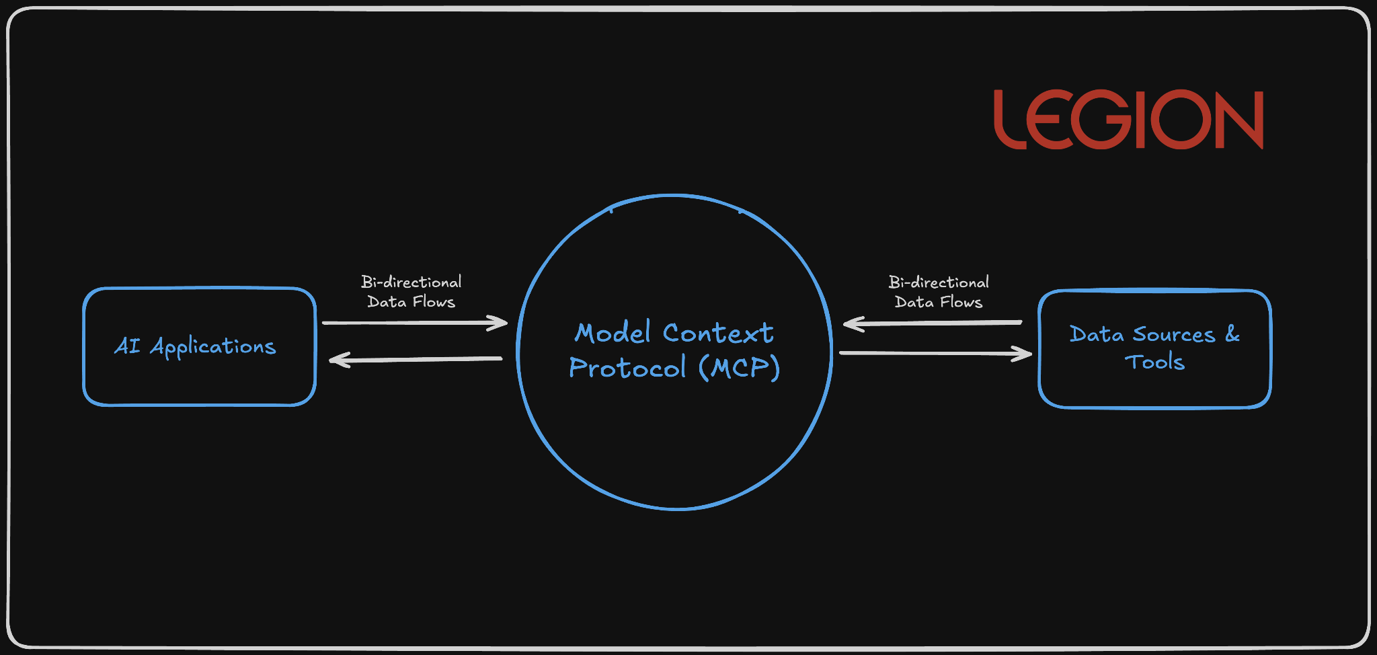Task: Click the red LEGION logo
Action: [x=1128, y=120]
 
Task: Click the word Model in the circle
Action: [x=613, y=333]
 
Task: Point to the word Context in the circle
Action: [x=717, y=333]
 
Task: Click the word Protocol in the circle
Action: [x=627, y=368]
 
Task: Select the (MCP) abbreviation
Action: [x=739, y=368]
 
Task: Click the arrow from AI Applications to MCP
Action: [x=414, y=323]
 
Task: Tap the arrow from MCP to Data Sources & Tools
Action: [x=935, y=353]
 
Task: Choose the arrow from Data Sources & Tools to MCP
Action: [x=933, y=323]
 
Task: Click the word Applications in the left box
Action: [x=212, y=347]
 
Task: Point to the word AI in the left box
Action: [x=127, y=346]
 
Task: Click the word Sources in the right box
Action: [x=1174, y=335]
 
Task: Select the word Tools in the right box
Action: [x=1154, y=362]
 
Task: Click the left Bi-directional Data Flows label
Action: [x=411, y=292]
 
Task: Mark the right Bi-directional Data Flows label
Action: [x=939, y=292]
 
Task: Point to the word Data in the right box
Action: [x=1096, y=335]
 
